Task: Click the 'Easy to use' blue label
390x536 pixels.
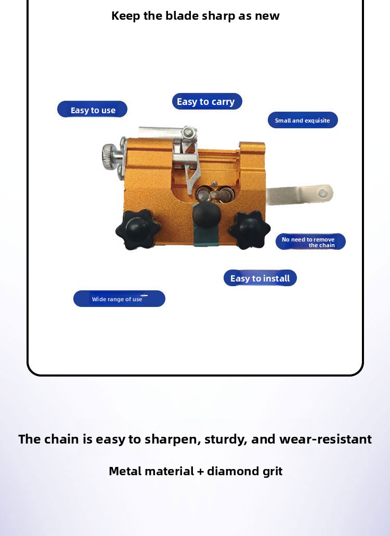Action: [x=93, y=110]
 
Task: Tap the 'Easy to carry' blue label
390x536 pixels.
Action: [x=207, y=101]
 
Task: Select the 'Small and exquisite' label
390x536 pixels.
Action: [x=303, y=120]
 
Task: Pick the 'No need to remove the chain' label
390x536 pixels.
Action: [x=310, y=242]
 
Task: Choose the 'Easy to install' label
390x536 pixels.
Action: [x=260, y=278]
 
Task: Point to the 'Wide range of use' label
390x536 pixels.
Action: [x=119, y=299]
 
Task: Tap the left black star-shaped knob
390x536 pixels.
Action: [x=138, y=230]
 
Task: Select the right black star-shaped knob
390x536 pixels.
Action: [x=250, y=230]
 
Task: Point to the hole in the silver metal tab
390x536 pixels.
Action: [x=322, y=194]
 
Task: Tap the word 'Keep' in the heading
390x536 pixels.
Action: [x=125, y=16]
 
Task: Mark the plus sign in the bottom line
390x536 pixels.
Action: [x=201, y=472]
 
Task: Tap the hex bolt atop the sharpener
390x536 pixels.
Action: [x=188, y=132]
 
